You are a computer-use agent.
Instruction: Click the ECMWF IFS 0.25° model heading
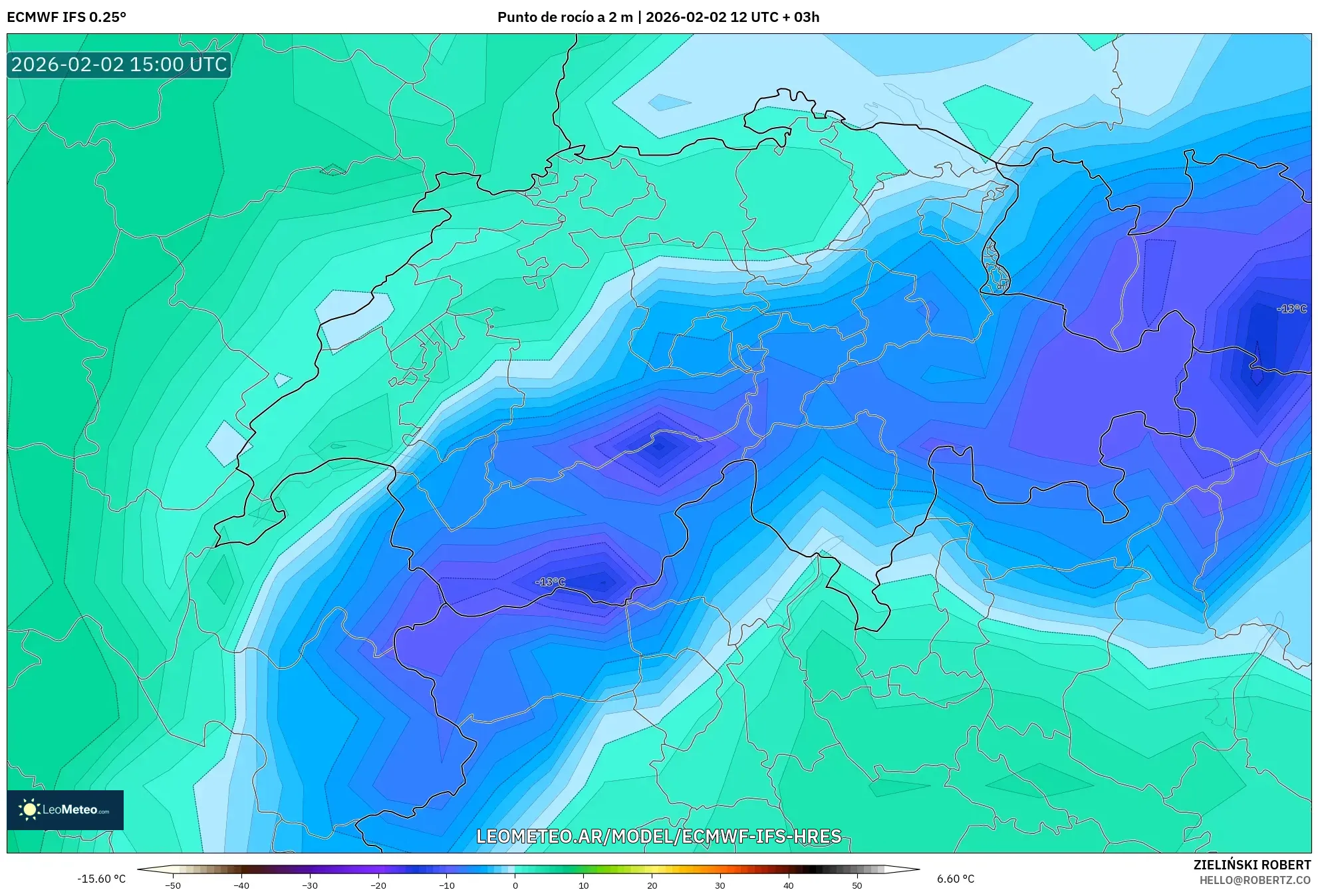[66, 17]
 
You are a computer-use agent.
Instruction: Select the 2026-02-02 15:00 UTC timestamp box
[119, 65]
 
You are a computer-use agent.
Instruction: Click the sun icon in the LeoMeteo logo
[29, 810]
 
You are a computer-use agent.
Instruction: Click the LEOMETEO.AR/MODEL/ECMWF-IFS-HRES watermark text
[658, 836]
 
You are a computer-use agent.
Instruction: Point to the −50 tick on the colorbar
[173, 885]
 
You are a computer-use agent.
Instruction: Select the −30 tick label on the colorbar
[310, 885]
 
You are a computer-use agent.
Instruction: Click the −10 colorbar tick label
[447, 885]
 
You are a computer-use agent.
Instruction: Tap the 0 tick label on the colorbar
[515, 885]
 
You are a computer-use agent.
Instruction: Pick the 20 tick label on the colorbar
[652, 885]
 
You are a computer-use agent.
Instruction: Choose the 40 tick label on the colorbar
[789, 885]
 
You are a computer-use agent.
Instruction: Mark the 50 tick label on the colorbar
[857, 885]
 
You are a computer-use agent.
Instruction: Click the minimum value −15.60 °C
[101, 879]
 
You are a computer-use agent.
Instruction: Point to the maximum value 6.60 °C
[956, 879]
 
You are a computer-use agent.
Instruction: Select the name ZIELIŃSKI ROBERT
[1252, 865]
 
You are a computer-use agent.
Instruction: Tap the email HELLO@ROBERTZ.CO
[1255, 880]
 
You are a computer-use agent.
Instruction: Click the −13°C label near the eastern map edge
[1291, 309]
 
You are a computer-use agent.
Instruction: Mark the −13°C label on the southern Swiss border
[550, 582]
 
